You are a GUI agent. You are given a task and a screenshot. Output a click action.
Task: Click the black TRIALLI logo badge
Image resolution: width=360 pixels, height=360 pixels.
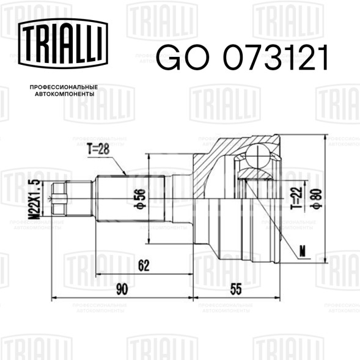(x=63, y=43)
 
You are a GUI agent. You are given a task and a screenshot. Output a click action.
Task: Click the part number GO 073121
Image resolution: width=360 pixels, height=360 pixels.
(x=242, y=57)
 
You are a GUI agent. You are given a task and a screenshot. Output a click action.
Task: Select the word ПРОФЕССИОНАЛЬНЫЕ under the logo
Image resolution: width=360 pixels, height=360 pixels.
(x=64, y=87)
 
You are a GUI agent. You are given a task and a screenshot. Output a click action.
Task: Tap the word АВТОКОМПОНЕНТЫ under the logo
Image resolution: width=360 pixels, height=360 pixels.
(x=65, y=94)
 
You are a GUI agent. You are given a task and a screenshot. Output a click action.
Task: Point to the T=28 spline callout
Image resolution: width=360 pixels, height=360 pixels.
(x=98, y=150)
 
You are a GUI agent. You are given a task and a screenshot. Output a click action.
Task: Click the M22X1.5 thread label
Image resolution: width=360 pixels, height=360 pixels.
(x=35, y=199)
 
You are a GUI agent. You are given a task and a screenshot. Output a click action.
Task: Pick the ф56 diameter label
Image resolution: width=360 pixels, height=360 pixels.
(x=140, y=198)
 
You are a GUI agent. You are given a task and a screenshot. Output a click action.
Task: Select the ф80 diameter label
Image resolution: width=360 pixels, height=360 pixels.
(x=316, y=199)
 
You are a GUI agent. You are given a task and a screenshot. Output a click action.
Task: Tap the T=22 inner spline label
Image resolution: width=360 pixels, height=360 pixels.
(x=296, y=199)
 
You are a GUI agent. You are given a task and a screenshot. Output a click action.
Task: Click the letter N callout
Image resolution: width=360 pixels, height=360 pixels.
(x=303, y=251)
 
